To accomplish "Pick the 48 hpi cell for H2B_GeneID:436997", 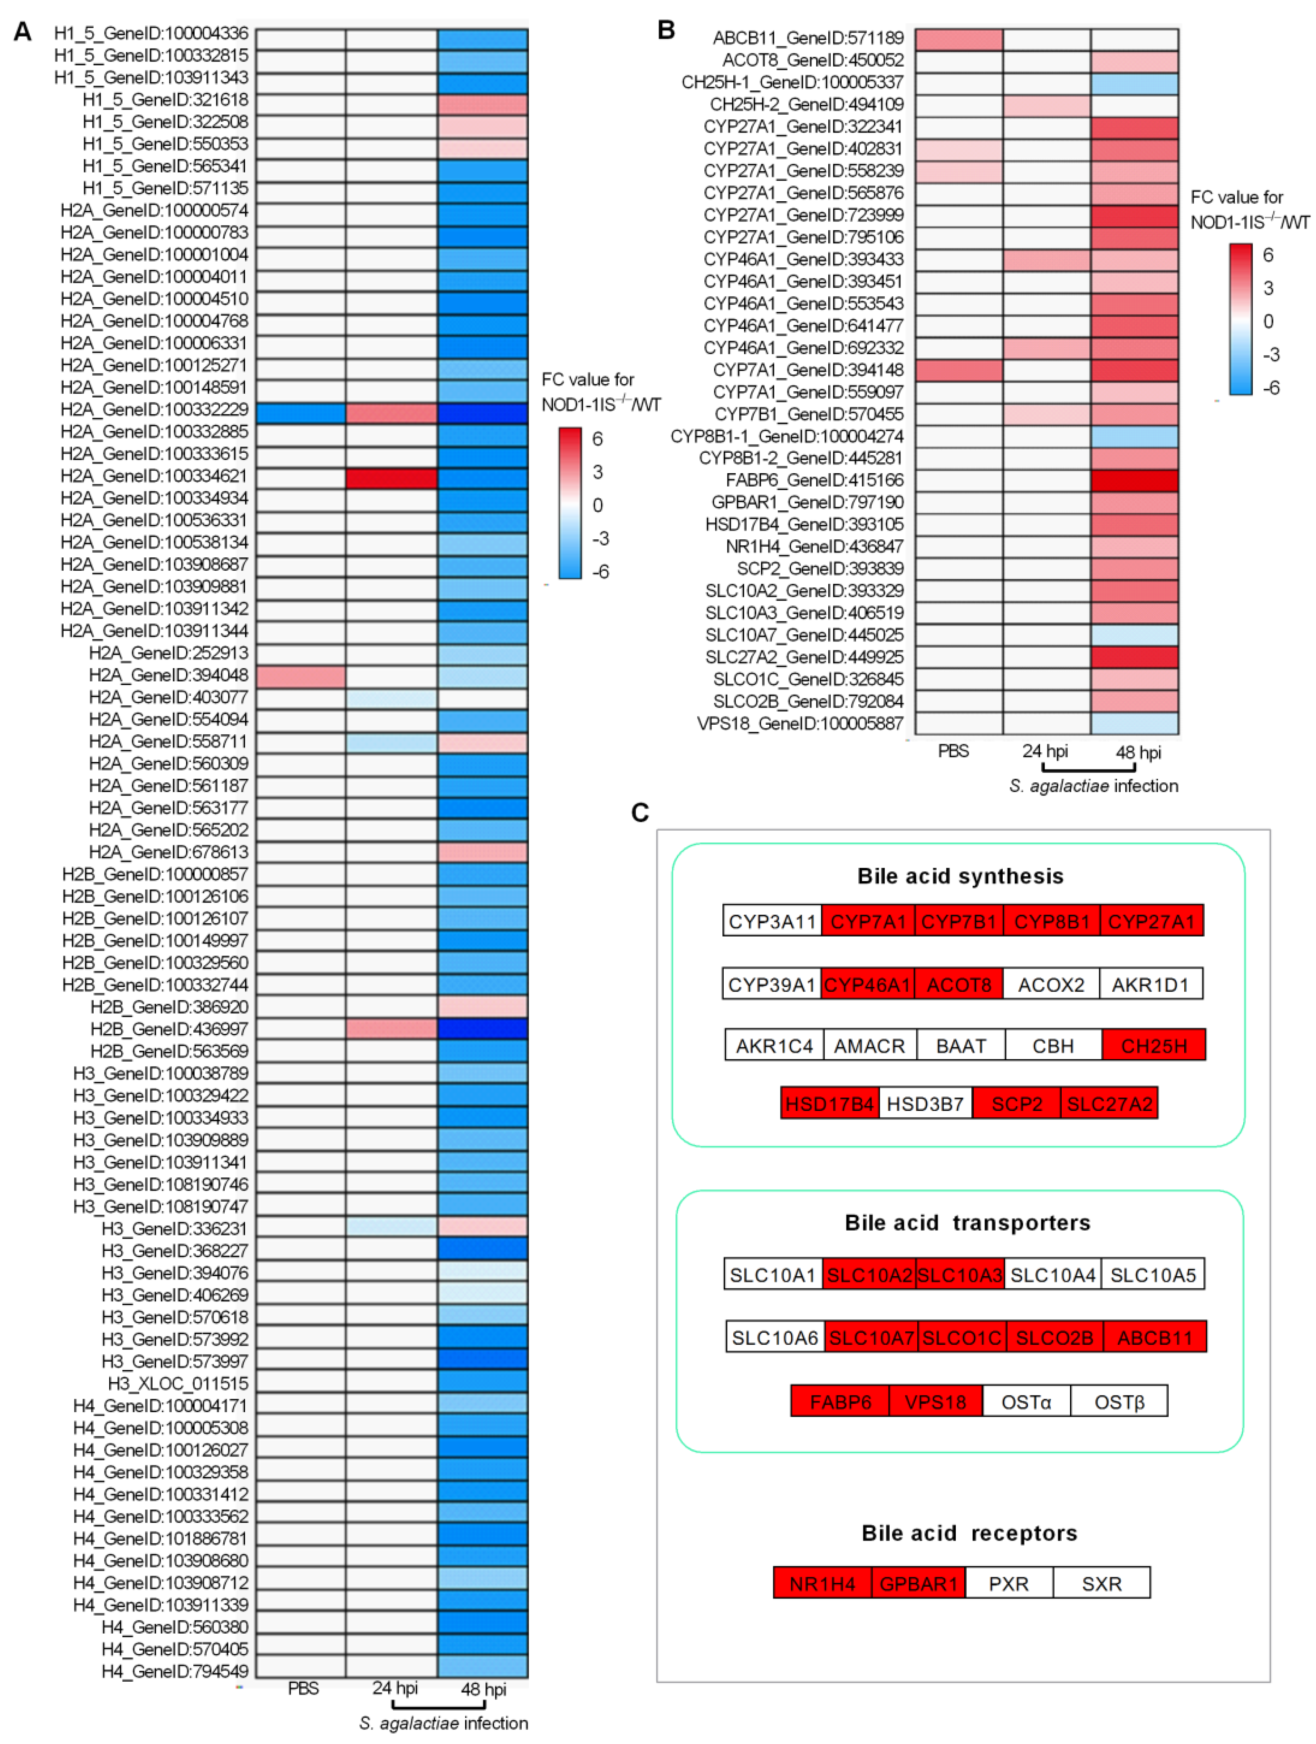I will [482, 1029].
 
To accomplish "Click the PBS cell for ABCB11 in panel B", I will [958, 38].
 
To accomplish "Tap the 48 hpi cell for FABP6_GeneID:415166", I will [1134, 480].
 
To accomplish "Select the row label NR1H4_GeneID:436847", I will [814, 546].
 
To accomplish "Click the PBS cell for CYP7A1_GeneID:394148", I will [958, 370].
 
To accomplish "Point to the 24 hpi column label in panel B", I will [1045, 751].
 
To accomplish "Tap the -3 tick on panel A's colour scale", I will [600, 539].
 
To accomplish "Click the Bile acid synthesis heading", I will [960, 876].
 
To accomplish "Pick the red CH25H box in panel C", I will [1154, 1046].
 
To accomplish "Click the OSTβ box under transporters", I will [1119, 1402].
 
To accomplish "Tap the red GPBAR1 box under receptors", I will [918, 1583].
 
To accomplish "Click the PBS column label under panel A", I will [303, 1688].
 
